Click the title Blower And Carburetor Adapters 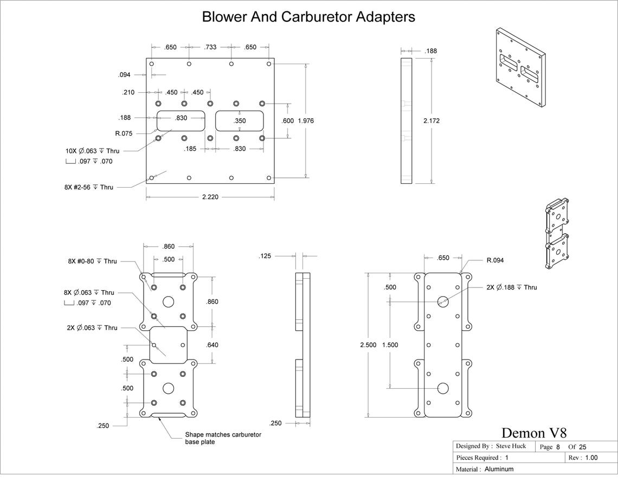[x=308, y=17]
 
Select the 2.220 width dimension [x=210, y=197]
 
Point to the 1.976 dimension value [x=306, y=120]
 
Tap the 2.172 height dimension [x=431, y=120]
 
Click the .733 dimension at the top [x=210, y=47]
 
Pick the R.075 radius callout [x=124, y=133]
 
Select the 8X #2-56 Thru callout [x=89, y=187]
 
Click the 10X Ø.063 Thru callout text [x=92, y=151]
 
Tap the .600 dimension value [x=288, y=120]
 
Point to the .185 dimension [x=190, y=149]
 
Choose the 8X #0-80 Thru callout [x=92, y=261]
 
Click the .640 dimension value [x=212, y=344]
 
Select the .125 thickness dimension [x=265, y=256]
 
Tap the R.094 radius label [x=495, y=260]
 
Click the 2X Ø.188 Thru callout [x=512, y=287]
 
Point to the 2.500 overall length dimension [x=368, y=344]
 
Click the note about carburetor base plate [x=223, y=438]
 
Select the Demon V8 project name [x=534, y=433]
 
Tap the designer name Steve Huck [x=511, y=446]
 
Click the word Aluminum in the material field [x=499, y=469]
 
